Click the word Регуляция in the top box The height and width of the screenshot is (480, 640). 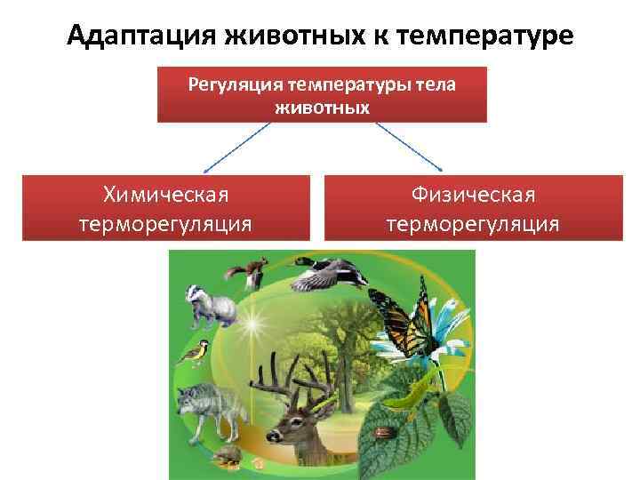233,85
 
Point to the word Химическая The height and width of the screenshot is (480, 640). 165,194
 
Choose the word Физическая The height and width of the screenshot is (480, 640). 473,194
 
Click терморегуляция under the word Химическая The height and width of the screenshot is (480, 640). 165,223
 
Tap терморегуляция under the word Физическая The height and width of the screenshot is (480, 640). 473,223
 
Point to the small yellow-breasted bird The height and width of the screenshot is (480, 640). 194,355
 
